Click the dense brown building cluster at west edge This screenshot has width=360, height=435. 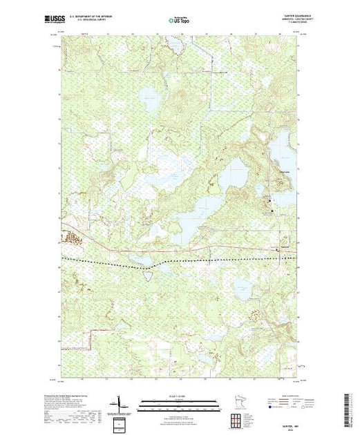click(72, 239)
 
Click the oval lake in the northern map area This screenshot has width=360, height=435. click(148, 94)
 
